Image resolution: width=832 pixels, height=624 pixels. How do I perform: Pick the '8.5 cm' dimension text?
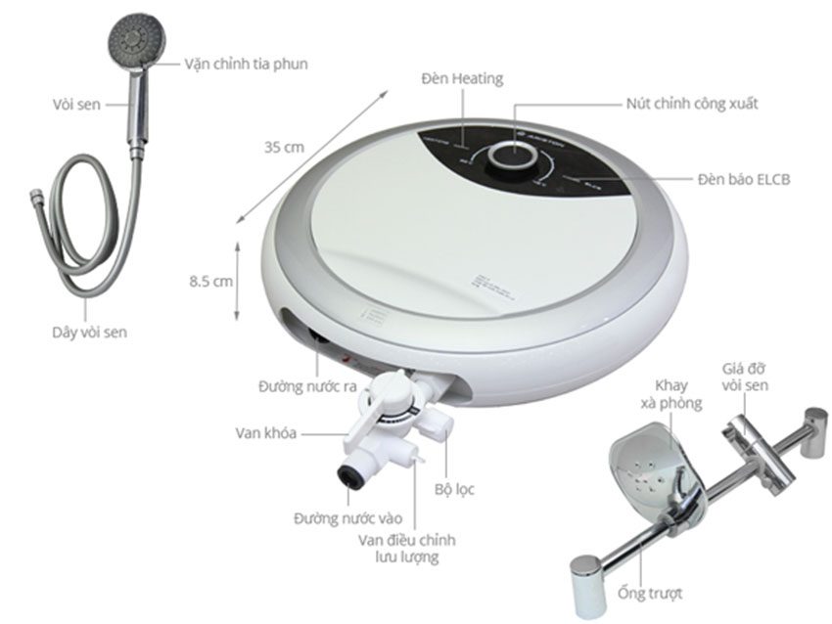click(x=210, y=281)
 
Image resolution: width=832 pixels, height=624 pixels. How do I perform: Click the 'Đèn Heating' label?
click(x=462, y=78)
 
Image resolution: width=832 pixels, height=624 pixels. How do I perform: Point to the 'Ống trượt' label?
click(x=650, y=593)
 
